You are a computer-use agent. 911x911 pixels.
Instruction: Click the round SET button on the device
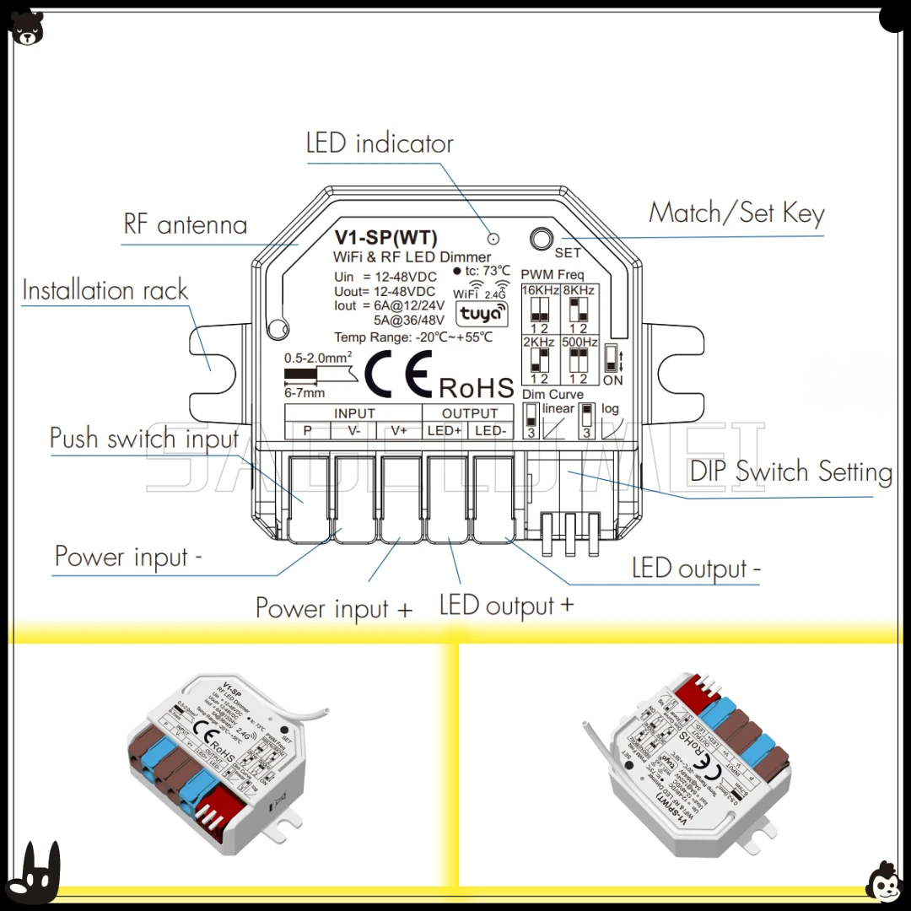[542, 238]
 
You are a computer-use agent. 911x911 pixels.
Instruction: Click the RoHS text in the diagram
[477, 387]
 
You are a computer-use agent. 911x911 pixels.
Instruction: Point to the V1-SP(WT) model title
[386, 238]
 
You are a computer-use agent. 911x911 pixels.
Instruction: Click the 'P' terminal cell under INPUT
[308, 430]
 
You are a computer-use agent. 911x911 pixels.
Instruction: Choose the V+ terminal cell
[399, 430]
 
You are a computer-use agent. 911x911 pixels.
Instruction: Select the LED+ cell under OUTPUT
[445, 430]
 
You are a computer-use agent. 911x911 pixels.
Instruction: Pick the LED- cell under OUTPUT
[491, 430]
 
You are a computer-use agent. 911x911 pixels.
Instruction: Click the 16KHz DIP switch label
[539, 291]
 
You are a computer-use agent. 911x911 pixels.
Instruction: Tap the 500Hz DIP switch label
[579, 342]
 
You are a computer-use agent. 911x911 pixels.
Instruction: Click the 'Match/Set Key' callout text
[736, 213]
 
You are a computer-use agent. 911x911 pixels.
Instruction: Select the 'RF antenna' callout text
[186, 224]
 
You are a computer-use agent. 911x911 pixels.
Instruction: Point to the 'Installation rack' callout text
[105, 290]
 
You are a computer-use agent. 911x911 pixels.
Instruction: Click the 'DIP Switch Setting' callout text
[790, 471]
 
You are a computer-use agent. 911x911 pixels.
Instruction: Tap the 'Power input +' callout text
[334, 608]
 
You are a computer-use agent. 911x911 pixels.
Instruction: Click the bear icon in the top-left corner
[28, 28]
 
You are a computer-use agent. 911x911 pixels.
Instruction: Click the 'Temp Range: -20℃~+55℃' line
[413, 337]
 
